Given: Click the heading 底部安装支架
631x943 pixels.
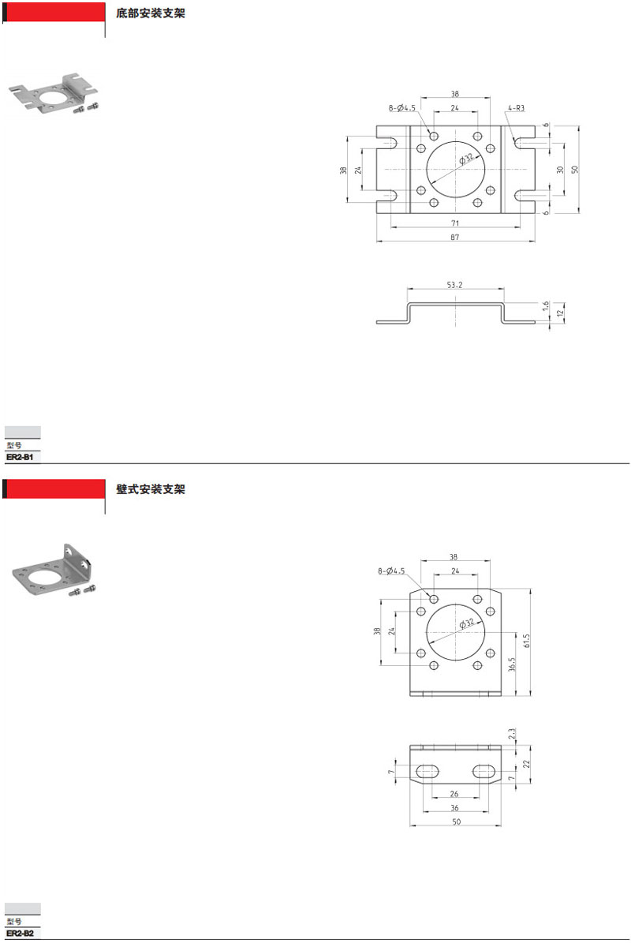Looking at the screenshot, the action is pyautogui.click(x=151, y=13).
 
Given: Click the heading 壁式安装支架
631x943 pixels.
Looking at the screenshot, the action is pyautogui.click(x=151, y=489).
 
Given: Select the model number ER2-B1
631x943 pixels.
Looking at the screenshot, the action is pyautogui.click(x=20, y=457).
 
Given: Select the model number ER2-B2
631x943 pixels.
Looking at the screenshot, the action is pyautogui.click(x=20, y=934).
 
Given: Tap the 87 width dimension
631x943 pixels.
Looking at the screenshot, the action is pyautogui.click(x=455, y=237).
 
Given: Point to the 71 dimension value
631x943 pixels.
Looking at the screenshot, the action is pyautogui.click(x=455, y=223).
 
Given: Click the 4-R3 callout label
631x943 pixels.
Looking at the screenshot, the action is pyautogui.click(x=516, y=108).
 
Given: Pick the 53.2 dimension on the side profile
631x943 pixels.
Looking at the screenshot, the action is pyautogui.click(x=455, y=284).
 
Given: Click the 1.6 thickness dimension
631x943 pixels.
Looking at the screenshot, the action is pyautogui.click(x=546, y=306).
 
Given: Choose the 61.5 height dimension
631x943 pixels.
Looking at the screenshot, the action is pyautogui.click(x=527, y=641).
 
